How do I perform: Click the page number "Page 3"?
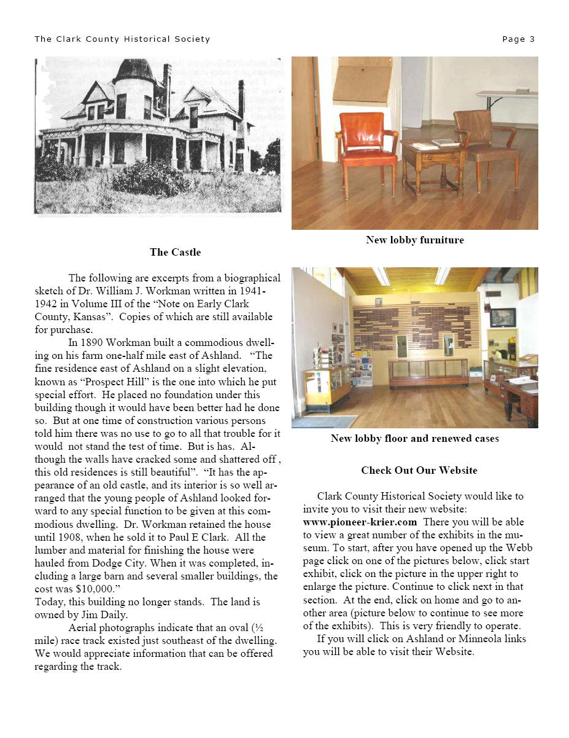pyautogui.click(x=518, y=39)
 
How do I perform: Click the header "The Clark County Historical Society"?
pyautogui.click(x=122, y=39)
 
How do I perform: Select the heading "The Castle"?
pyautogui.click(x=175, y=252)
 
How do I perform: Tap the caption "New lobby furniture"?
pyautogui.click(x=414, y=240)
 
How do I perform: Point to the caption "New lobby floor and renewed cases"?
pyautogui.click(x=414, y=438)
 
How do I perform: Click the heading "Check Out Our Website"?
pyautogui.click(x=419, y=470)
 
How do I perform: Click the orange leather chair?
pyautogui.click(x=367, y=151)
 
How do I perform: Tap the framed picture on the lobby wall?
pyautogui.click(x=503, y=317)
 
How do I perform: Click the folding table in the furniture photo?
pyautogui.click(x=507, y=95)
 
